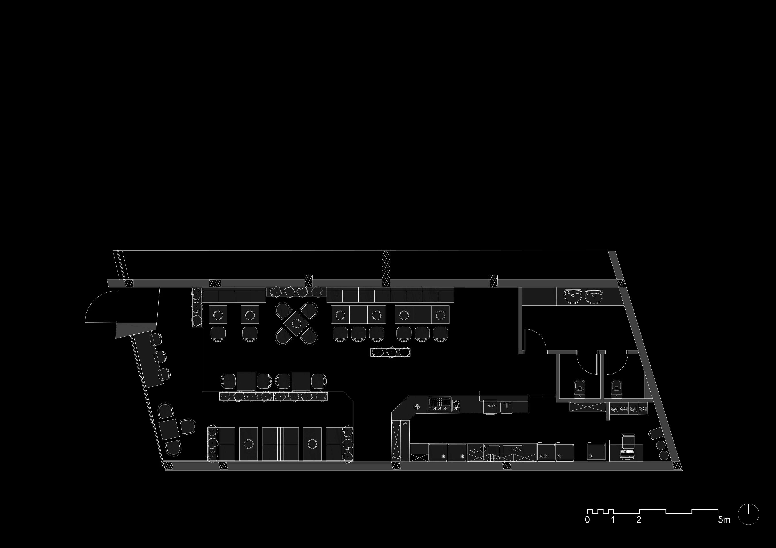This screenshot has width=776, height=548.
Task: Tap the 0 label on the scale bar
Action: [587, 520]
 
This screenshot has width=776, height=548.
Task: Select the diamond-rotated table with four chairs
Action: [296, 323]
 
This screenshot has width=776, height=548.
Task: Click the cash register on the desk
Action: [627, 453]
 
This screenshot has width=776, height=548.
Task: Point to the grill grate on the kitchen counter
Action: [440, 403]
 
